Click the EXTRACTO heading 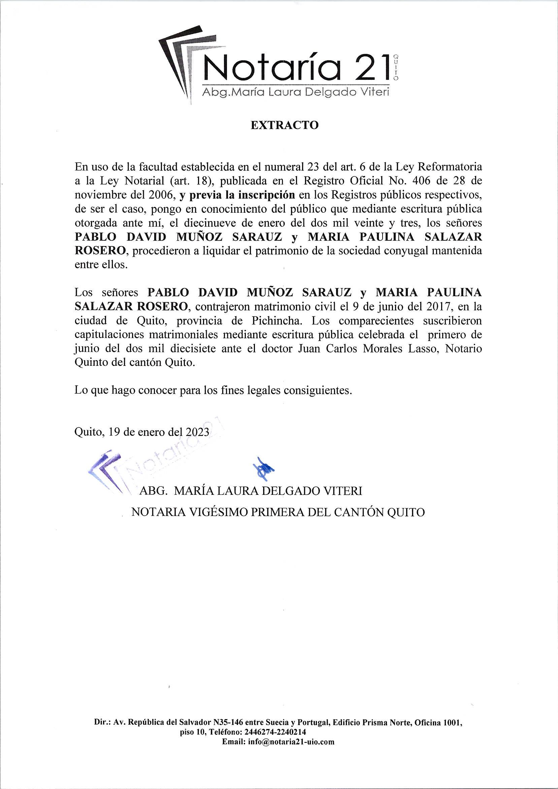[x=284, y=126]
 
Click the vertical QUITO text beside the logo [x=395, y=67]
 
